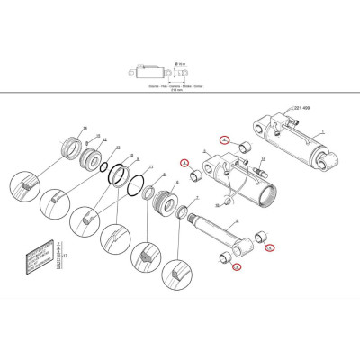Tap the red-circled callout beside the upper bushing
(x=229, y=142)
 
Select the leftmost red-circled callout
(x=184, y=163)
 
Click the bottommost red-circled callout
(x=237, y=267)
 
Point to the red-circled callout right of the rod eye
(x=270, y=249)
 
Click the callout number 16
(x=85, y=130)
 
